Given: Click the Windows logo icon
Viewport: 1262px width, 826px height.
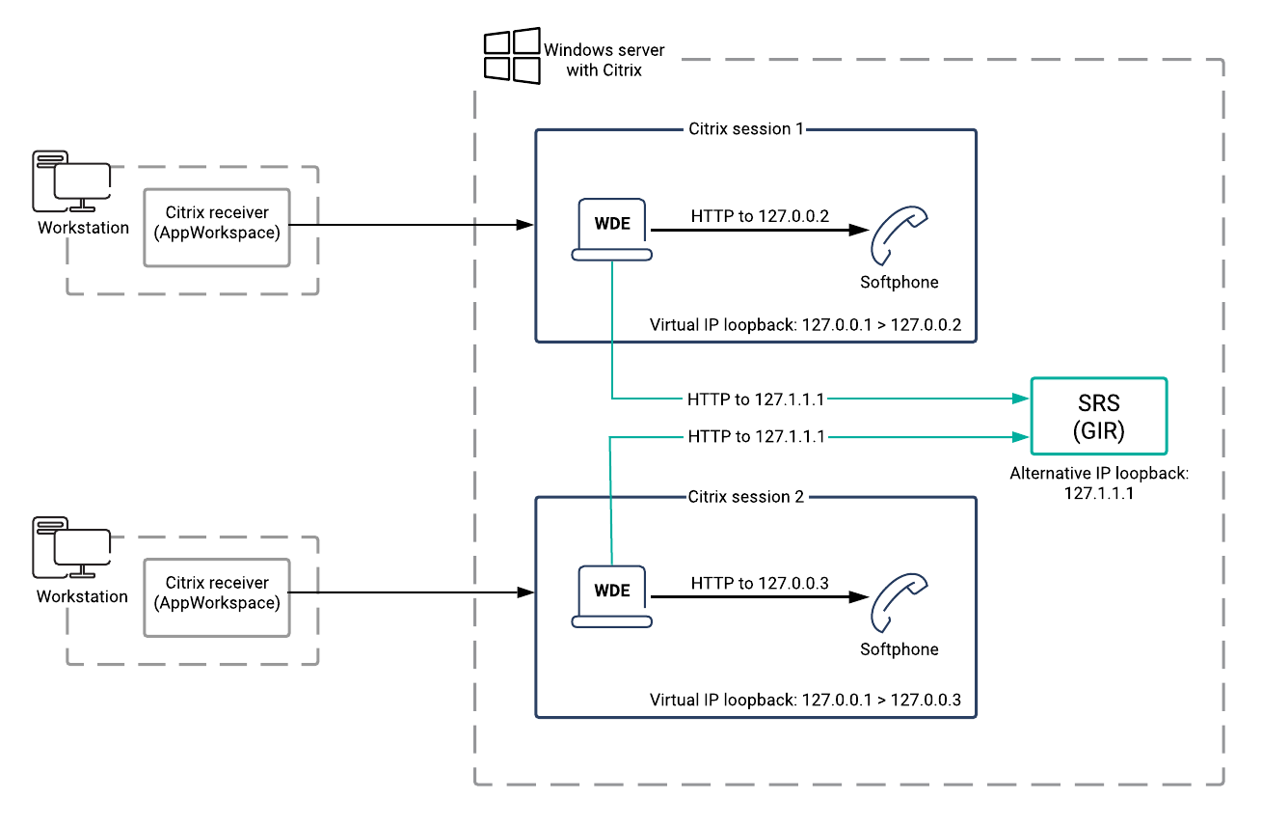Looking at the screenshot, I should [511, 54].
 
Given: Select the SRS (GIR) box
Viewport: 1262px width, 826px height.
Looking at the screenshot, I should [1098, 416].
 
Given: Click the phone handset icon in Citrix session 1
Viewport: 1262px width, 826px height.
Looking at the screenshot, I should [899, 235].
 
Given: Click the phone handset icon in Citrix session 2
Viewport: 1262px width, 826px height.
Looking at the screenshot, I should [899, 602].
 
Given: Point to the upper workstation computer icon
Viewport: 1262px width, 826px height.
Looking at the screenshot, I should [71, 181].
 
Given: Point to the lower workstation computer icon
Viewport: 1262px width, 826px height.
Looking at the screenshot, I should [71, 549].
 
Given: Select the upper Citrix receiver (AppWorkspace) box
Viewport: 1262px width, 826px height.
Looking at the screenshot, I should [217, 227].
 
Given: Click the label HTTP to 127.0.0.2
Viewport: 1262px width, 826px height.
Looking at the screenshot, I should [760, 216].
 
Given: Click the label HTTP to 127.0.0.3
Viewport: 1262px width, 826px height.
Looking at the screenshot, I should [760, 583].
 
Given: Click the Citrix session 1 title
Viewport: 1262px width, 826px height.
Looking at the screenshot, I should [745, 129].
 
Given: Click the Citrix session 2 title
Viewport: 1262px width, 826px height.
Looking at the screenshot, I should [745, 497].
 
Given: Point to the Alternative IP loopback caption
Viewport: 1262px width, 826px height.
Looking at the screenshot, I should [1098, 482].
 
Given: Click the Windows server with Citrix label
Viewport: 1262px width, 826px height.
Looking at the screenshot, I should [604, 60].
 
